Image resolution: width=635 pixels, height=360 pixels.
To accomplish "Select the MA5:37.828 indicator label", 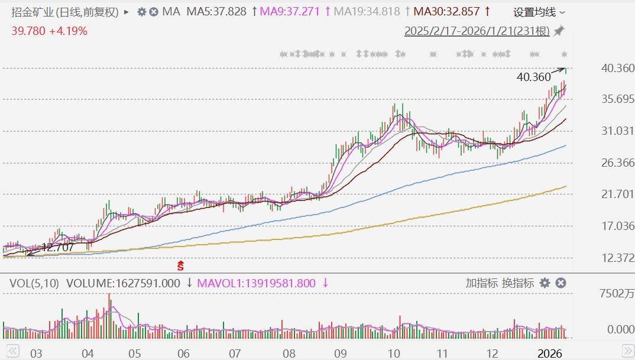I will coord(216,12).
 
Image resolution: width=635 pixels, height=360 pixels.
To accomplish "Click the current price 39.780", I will coord(28,31).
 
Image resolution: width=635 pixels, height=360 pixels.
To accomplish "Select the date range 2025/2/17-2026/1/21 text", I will coord(477,31).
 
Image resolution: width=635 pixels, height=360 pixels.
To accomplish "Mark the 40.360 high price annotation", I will coord(533,77).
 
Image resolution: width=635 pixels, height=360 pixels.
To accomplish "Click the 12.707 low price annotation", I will coord(57,248).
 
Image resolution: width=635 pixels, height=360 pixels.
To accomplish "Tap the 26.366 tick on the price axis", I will coord(617,163).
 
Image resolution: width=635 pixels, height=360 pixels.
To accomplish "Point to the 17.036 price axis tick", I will coord(617,226).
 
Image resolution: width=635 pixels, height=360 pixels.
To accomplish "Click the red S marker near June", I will coord(182,267).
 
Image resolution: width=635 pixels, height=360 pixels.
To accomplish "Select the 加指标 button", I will coord(481,283).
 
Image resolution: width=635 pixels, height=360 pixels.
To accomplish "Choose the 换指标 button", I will coord(518,283).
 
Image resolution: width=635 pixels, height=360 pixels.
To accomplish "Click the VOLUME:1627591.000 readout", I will coord(123,283).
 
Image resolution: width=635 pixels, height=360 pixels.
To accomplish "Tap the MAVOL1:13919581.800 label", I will coord(256,283).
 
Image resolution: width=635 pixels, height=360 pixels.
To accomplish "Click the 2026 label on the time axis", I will coord(549,353).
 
